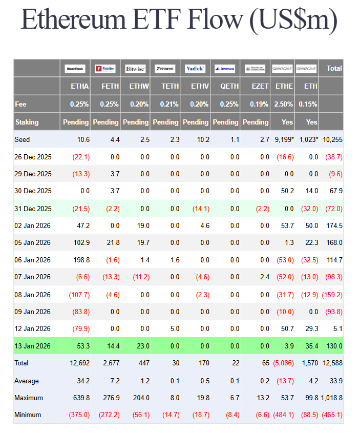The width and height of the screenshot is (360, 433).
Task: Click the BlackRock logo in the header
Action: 75,69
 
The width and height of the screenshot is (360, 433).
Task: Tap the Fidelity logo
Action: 105,69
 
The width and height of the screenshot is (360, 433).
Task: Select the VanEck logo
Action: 195,69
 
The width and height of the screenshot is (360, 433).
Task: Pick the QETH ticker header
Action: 229,86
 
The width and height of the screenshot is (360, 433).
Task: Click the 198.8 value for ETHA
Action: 80,260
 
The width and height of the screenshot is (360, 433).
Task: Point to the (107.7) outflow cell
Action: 79,295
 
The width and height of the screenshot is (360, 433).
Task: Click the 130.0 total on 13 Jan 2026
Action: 334,346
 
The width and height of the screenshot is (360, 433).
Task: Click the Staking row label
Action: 27,122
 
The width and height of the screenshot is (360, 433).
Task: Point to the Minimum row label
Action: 28,415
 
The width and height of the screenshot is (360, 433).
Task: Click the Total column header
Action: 334,68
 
